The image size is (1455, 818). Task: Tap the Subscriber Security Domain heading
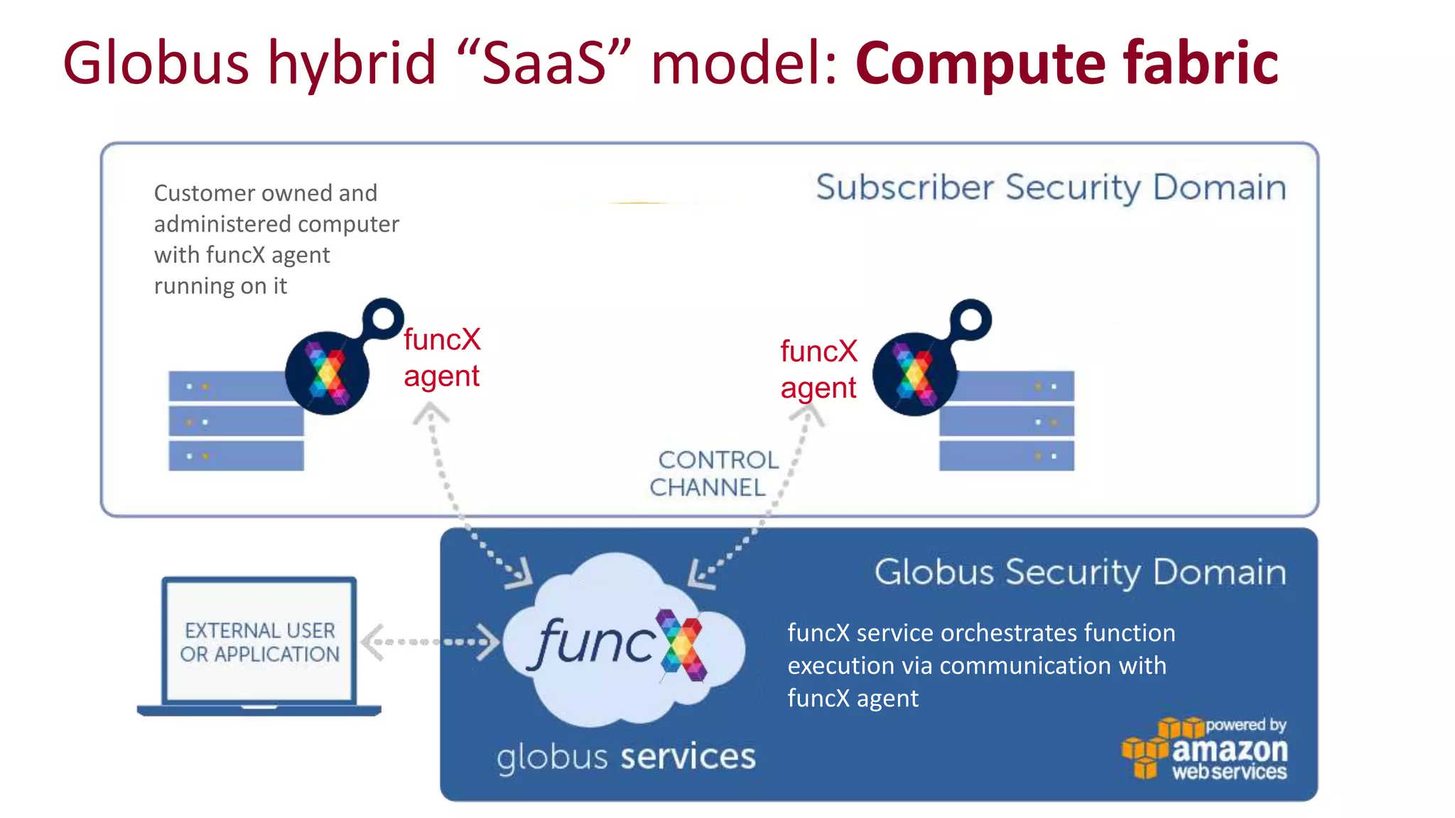(1050, 187)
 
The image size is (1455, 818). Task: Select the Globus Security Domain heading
(1079, 572)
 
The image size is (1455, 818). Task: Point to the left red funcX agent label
(441, 357)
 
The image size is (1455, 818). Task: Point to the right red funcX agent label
(818, 369)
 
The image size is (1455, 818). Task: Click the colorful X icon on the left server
(327, 373)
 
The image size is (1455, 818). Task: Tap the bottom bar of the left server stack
(236, 456)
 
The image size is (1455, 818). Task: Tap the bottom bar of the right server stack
(1006, 456)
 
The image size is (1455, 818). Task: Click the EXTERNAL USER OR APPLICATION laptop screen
(259, 641)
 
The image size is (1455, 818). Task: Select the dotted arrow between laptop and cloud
(430, 642)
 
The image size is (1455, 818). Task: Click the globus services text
(625, 757)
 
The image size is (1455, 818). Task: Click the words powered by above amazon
(1245, 725)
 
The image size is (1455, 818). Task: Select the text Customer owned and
(265, 193)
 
